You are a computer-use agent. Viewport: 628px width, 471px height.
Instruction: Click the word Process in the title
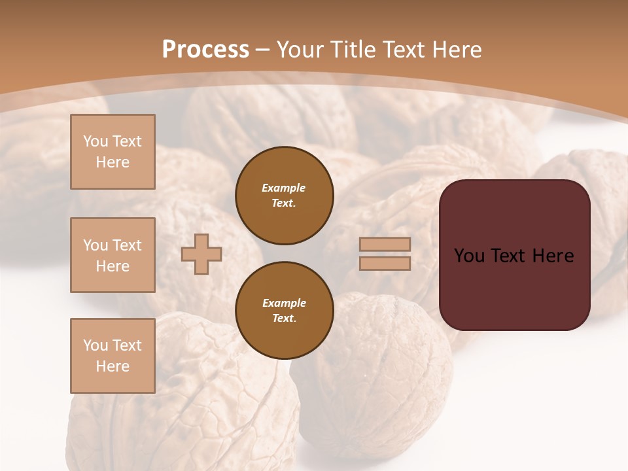coord(205,50)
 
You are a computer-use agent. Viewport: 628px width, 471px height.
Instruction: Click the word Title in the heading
coord(353,50)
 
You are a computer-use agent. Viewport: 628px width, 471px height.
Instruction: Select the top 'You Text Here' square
coord(113,152)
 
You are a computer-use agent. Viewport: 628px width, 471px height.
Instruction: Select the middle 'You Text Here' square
coord(113,255)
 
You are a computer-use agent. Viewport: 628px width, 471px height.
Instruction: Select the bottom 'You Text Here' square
coord(113,355)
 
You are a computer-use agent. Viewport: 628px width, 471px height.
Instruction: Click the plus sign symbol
coord(201,254)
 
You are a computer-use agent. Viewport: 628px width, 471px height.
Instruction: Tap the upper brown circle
coord(285,196)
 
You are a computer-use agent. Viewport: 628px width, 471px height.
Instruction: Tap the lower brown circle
coord(285,311)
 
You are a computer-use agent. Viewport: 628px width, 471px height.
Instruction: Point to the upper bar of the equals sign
coord(385,244)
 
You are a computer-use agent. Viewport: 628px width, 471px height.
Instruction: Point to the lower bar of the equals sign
coord(385,263)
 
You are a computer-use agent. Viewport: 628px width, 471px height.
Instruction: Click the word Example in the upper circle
coord(284,188)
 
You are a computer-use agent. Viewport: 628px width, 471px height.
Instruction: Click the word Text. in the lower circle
coord(284,319)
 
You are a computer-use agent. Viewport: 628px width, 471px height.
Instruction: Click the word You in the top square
coord(96,141)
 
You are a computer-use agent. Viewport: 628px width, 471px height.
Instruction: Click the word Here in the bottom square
coord(113,366)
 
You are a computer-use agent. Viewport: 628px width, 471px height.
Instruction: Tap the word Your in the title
coord(300,50)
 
